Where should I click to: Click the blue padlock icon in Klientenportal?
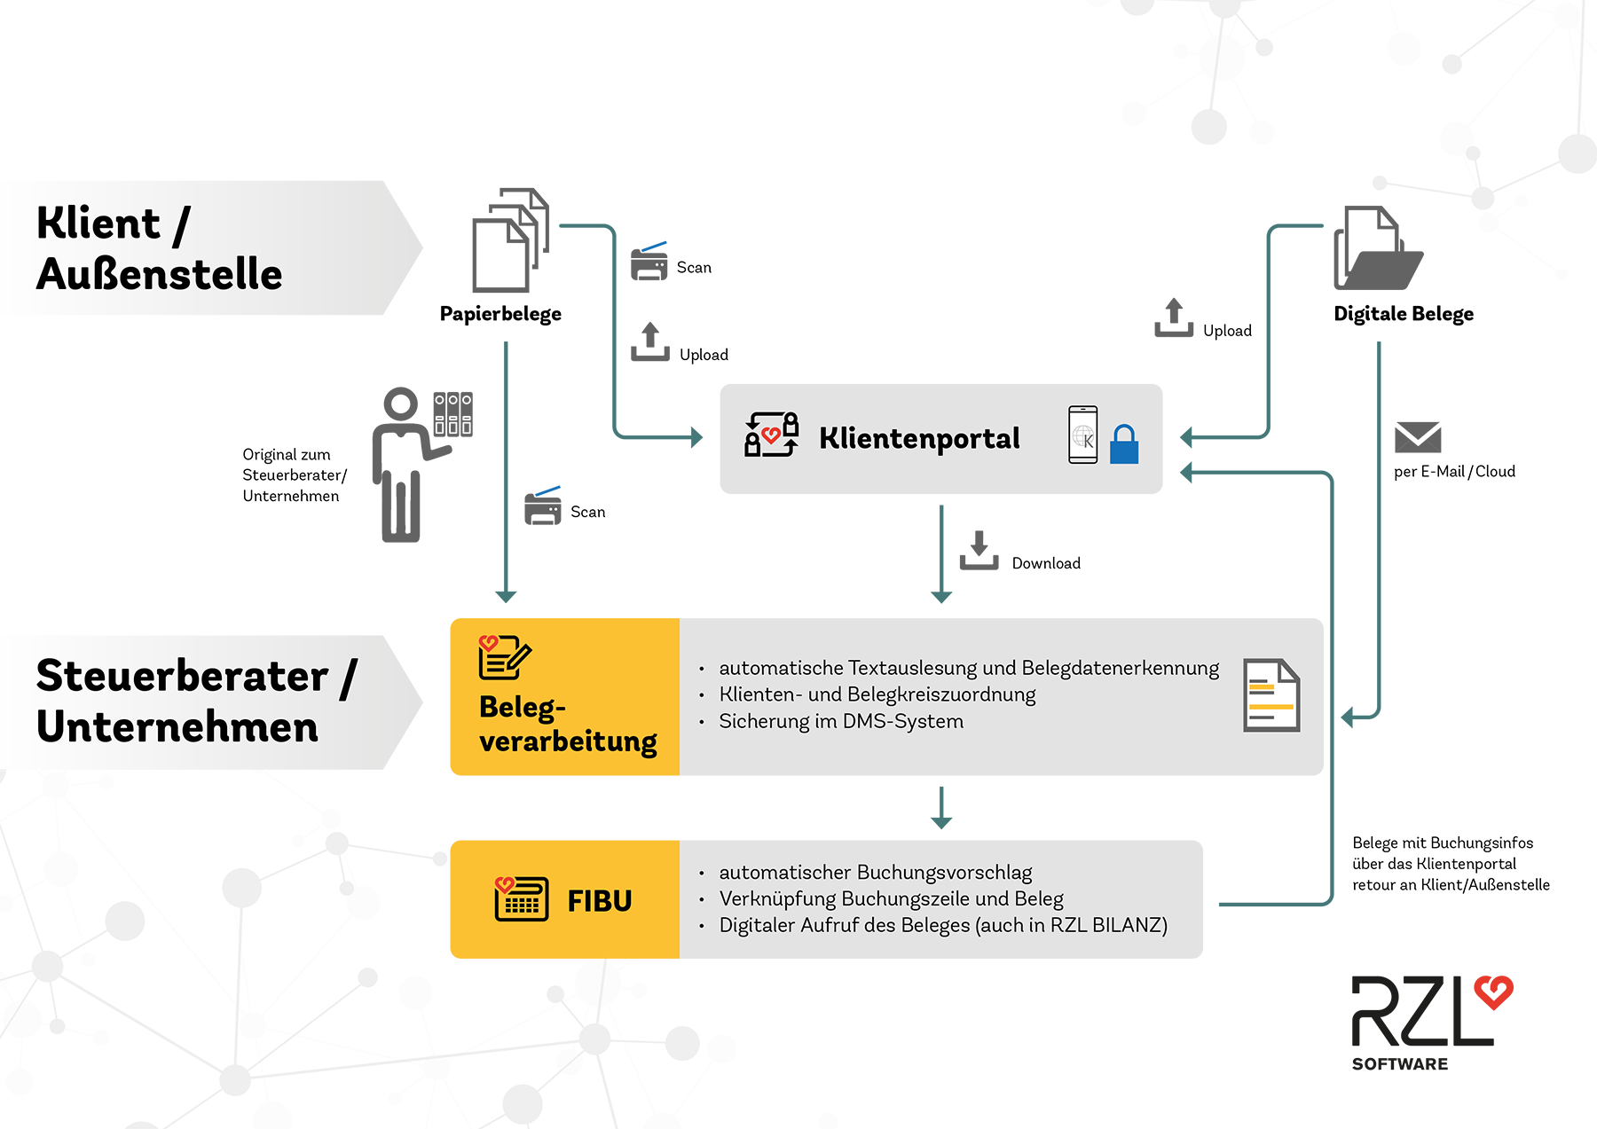pyautogui.click(x=1123, y=444)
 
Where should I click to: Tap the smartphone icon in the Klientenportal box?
pyautogui.click(x=1083, y=435)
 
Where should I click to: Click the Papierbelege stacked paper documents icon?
pyautogui.click(x=509, y=240)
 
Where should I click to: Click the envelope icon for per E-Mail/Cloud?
pyautogui.click(x=1417, y=437)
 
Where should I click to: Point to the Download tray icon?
pyautogui.click(x=979, y=551)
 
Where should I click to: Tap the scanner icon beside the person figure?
pyautogui.click(x=543, y=506)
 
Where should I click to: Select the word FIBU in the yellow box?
pyautogui.click(x=600, y=901)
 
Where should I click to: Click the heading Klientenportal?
pyautogui.click(x=919, y=438)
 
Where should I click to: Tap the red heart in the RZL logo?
pyautogui.click(x=1493, y=992)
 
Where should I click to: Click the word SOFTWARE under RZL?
pyautogui.click(x=1399, y=1064)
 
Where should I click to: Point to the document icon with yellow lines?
pyautogui.click(x=1271, y=695)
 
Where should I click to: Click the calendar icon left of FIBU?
pyautogui.click(x=521, y=899)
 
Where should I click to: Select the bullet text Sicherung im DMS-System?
pyautogui.click(x=840, y=722)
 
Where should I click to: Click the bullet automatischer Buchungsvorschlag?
pyautogui.click(x=875, y=873)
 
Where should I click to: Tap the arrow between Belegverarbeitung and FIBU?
pyautogui.click(x=941, y=807)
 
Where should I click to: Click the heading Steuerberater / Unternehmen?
pyautogui.click(x=196, y=702)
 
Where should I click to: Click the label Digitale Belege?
pyautogui.click(x=1403, y=314)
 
